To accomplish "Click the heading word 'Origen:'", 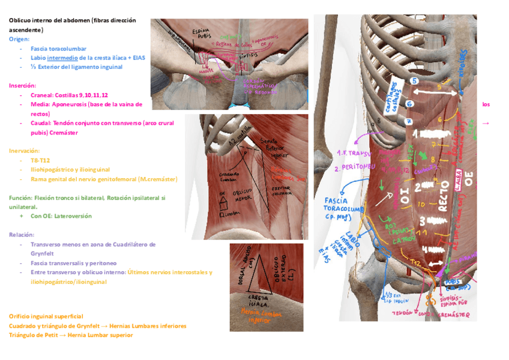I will [19, 39].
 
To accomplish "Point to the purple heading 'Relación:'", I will [22, 235].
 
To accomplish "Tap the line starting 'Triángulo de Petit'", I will [71, 335].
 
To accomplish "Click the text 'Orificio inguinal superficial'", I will [46, 316].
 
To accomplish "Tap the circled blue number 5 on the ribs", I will [414, 80].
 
